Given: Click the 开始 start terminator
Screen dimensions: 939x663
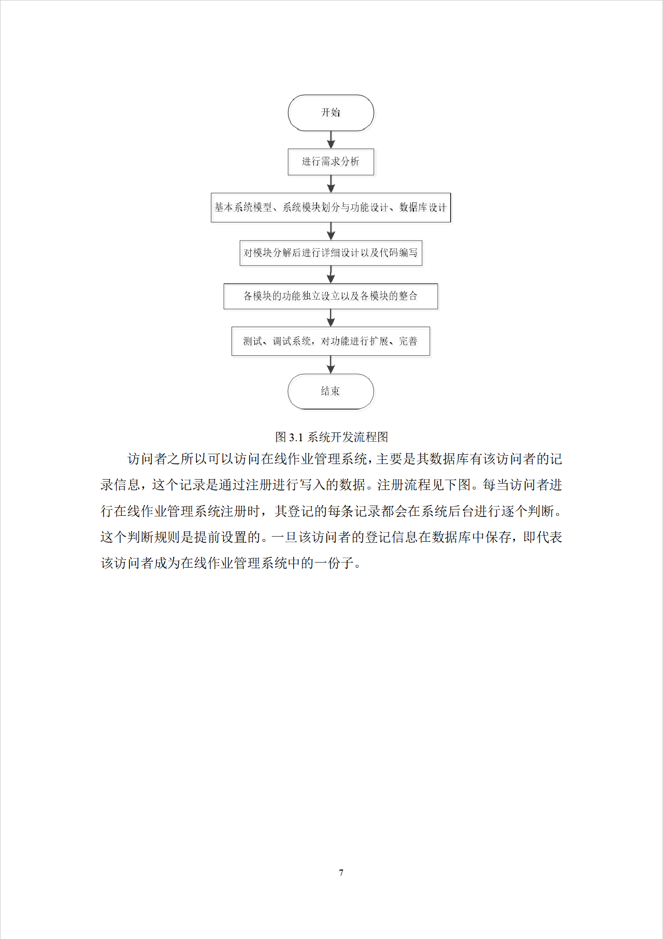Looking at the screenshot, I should (331, 113).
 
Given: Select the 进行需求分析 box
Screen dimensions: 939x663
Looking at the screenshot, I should (331, 162).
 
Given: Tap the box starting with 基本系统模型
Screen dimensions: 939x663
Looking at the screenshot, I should (331, 207).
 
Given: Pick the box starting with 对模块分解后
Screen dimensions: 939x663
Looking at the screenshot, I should (331, 253).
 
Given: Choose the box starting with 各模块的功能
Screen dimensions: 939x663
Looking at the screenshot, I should (331, 296).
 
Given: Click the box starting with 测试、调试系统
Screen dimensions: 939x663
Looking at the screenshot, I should (331, 341).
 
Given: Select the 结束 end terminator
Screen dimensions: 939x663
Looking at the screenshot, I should (331, 391).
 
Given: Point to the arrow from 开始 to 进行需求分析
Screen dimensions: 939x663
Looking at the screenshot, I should (331, 139).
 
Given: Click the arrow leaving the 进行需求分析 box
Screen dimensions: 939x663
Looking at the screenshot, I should (331, 184).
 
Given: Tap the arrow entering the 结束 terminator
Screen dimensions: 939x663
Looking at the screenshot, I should (331, 365).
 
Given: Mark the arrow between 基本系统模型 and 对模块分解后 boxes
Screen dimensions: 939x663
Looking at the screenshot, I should (331, 231).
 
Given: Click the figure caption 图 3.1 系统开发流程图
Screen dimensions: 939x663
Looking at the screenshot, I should (331, 437).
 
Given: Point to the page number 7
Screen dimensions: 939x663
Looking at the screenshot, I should (341, 873).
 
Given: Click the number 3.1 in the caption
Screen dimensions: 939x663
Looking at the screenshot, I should (296, 438).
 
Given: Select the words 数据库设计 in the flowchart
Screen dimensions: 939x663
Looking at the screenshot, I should (423, 207).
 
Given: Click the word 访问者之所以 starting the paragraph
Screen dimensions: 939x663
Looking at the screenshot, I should (167, 459).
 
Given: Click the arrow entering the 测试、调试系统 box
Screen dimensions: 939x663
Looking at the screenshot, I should (331, 318).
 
